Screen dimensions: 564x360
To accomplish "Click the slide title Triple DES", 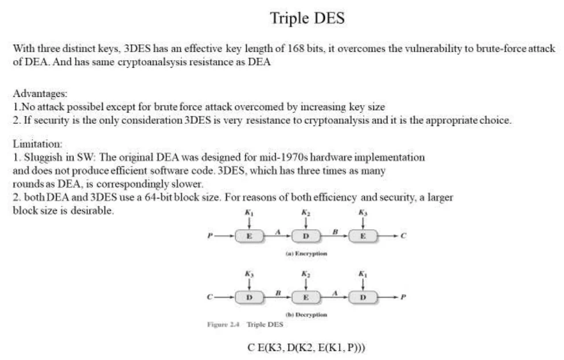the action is [307, 18].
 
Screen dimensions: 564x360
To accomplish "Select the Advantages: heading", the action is [40, 94].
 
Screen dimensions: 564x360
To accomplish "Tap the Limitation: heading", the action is [37, 144].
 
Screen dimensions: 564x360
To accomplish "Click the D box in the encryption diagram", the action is [306, 236].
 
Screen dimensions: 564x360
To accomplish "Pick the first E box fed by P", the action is [249, 236].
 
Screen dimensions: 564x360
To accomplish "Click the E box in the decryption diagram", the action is [306, 297].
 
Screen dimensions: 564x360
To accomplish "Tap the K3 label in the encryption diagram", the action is [363, 213].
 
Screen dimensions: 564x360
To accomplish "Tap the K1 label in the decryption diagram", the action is [363, 274].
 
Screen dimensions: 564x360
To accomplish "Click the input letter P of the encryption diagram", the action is [210, 236].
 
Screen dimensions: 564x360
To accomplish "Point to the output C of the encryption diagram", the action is [403, 236].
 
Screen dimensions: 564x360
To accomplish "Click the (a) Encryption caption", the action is [306, 253].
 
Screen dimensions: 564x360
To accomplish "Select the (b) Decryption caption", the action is [306, 315].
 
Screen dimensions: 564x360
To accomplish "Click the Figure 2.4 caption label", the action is [223, 324].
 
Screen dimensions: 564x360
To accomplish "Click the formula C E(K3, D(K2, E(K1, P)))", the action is [306, 348].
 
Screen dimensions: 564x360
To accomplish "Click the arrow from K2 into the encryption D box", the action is [306, 224].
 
